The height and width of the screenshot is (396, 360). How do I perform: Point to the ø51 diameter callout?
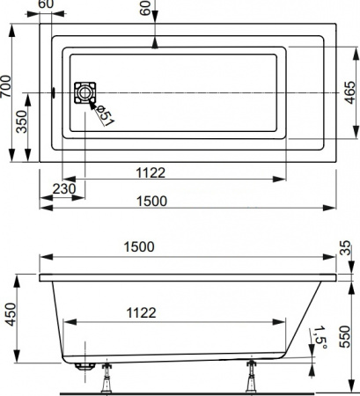click(104, 114)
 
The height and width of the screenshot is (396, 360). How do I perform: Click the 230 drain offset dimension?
click(63, 187)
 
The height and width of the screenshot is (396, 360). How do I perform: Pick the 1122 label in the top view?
click(152, 172)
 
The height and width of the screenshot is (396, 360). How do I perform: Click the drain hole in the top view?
click(85, 92)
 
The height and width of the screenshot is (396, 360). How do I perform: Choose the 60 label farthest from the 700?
click(146, 7)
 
